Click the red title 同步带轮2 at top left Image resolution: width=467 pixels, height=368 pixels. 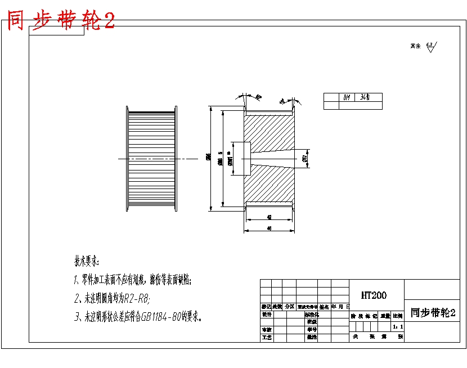(x=61, y=21)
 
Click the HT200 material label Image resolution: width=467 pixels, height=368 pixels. (x=374, y=295)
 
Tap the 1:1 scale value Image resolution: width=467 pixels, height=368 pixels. (x=398, y=326)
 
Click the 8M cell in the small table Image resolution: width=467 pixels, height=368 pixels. (x=347, y=97)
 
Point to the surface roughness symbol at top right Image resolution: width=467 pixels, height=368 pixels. (x=431, y=47)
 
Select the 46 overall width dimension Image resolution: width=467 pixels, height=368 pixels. (x=269, y=228)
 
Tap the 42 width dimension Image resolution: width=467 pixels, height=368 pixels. (x=270, y=217)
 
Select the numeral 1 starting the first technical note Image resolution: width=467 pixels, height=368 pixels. (x=75, y=280)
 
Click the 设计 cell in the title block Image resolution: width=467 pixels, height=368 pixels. (x=267, y=315)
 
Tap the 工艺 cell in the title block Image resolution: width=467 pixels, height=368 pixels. (x=267, y=338)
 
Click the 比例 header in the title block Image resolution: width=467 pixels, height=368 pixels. (x=398, y=316)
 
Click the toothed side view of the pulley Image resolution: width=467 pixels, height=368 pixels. (x=152, y=159)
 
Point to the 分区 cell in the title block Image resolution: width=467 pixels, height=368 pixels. (x=289, y=307)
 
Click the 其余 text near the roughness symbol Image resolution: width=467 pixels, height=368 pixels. (x=415, y=46)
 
